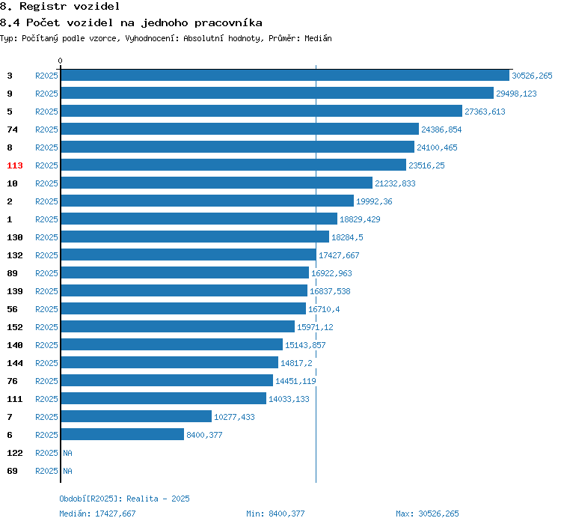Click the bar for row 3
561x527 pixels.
[x=285, y=75]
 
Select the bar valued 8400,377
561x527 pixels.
[x=123, y=434]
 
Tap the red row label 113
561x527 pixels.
[x=15, y=165]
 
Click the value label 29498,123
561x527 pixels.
[x=516, y=94]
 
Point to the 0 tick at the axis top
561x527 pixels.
[x=60, y=61]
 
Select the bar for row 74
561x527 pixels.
[x=239, y=129]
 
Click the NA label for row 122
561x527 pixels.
[x=67, y=453]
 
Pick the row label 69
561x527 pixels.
[x=12, y=471]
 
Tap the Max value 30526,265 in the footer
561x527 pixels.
[x=438, y=514]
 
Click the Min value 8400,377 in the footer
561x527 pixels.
[x=286, y=514]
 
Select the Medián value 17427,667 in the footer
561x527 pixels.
[x=115, y=514]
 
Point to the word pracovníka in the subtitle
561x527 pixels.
[x=228, y=23]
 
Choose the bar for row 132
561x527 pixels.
[x=188, y=255]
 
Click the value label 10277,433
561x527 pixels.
[x=234, y=417]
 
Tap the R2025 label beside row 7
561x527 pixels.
[x=46, y=417]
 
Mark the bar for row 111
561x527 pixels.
[x=164, y=398]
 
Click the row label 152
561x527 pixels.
[x=15, y=327]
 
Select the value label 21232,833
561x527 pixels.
[x=396, y=183]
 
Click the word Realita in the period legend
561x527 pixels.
[x=142, y=499]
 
